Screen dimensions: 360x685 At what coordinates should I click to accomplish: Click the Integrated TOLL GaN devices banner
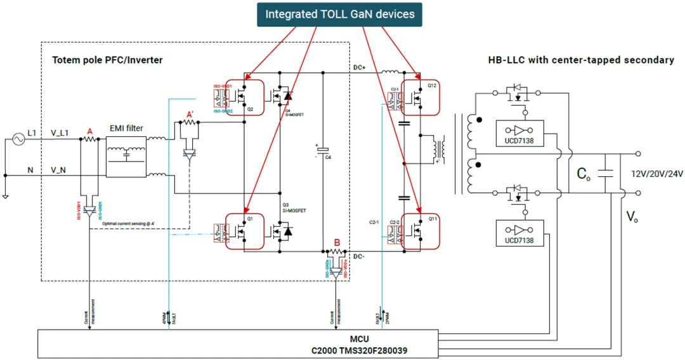click(x=339, y=14)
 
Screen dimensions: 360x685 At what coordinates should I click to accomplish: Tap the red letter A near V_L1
click(x=90, y=131)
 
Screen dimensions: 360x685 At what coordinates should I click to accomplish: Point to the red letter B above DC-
click(x=337, y=242)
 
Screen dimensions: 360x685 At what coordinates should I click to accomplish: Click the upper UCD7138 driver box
click(x=519, y=133)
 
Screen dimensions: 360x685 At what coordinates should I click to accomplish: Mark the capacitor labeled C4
click(x=323, y=152)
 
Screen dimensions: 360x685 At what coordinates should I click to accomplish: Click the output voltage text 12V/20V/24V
click(x=656, y=173)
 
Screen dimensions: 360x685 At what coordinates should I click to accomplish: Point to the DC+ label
click(x=360, y=67)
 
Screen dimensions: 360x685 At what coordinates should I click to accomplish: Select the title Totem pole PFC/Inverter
click(x=107, y=60)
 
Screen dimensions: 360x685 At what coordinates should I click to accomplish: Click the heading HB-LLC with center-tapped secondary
click(x=580, y=60)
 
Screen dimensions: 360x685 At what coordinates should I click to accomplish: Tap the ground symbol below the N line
click(x=5, y=196)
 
